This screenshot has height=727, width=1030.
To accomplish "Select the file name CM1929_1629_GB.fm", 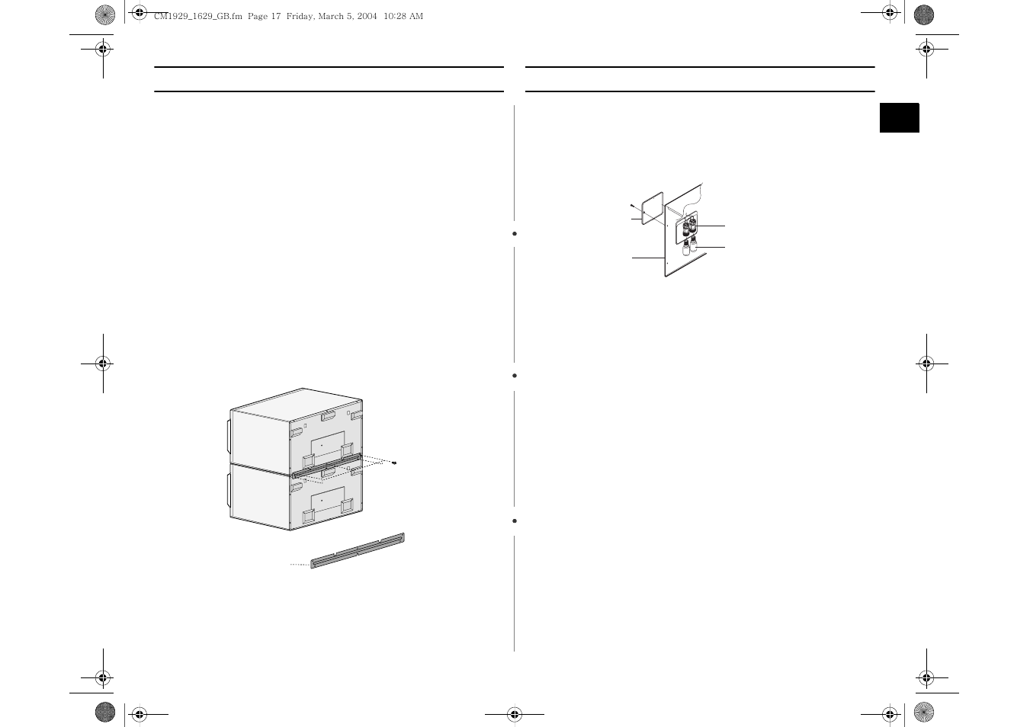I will pos(198,16).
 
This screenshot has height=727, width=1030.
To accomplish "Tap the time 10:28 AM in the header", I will pos(404,16).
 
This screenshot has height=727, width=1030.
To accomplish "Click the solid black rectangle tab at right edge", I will pos(899,118).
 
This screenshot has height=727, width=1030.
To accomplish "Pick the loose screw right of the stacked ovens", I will pos(394,463).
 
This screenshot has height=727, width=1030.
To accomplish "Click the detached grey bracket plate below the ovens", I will pos(357,551).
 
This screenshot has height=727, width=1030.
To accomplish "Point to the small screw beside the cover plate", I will pos(632,205).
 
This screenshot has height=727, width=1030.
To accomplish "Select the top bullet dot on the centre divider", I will pos(515,233).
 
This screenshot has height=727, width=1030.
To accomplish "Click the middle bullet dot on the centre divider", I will pos(515,376).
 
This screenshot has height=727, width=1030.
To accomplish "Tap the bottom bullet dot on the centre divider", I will pos(515,520).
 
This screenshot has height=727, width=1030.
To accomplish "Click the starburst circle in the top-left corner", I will pos(105,14).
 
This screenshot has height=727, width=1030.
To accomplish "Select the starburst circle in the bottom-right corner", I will pos(924,712).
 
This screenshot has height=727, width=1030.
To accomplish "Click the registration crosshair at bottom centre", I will pos(515,714).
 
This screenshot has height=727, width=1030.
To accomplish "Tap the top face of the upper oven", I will pos(297,402).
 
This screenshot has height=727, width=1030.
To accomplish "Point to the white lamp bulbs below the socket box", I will pos(690,247).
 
